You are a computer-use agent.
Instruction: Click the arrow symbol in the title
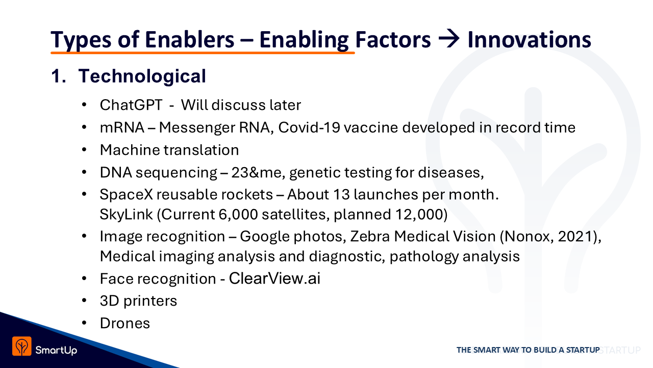click(449, 39)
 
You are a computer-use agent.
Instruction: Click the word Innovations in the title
click(530, 39)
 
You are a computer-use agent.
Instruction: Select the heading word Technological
click(142, 76)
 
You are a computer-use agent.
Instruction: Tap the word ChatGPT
click(131, 105)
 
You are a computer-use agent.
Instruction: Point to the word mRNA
click(122, 128)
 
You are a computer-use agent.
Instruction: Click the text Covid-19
click(309, 128)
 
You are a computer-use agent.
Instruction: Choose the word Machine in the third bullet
click(130, 150)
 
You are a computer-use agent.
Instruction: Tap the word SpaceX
click(126, 195)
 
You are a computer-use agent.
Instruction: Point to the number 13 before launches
click(341, 195)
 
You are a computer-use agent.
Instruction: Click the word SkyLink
click(126, 214)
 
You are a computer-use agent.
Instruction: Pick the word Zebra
click(370, 236)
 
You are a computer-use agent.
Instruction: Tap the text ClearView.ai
click(274, 279)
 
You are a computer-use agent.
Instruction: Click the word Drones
click(125, 324)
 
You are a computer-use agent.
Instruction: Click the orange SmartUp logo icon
click(21, 346)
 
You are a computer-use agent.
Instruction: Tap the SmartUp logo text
click(56, 350)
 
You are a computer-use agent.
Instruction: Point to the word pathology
click(424, 257)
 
